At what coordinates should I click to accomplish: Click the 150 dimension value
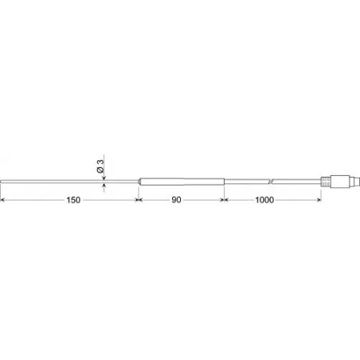(x=72, y=201)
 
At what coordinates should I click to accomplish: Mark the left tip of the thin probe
(x=2, y=182)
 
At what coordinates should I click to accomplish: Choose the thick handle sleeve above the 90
(x=181, y=180)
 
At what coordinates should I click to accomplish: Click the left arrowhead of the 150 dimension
(x=4, y=201)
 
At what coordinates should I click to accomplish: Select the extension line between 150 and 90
(x=137, y=195)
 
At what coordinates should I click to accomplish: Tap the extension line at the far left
(x=2, y=195)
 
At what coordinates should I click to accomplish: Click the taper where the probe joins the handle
(x=139, y=181)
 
